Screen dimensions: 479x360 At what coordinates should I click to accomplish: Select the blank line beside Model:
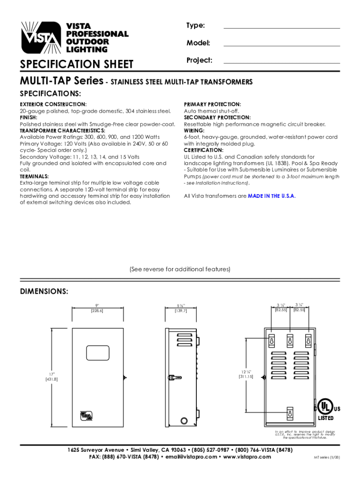coord(282,46)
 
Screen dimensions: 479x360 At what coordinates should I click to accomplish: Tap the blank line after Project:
coord(282,63)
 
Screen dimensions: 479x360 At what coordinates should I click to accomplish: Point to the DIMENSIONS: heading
coord(44,291)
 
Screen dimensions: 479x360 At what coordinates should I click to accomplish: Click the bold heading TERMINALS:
coord(34,176)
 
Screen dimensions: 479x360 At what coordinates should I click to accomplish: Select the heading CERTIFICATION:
coord(203,150)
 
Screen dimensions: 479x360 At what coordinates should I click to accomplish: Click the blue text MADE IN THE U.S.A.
coord(272,196)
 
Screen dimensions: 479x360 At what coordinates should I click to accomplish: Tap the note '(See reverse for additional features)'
coord(180,269)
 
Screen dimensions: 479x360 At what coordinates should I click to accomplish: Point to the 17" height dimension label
coord(51,374)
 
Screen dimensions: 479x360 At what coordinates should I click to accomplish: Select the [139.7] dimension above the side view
coord(180,311)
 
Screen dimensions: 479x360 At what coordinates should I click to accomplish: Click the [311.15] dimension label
coord(246,376)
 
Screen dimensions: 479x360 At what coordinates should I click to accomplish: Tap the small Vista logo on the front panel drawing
coord(86,414)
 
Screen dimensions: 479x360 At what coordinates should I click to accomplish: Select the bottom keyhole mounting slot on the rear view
coord(290,414)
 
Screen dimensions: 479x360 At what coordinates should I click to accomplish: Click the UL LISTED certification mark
coord(326,409)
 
